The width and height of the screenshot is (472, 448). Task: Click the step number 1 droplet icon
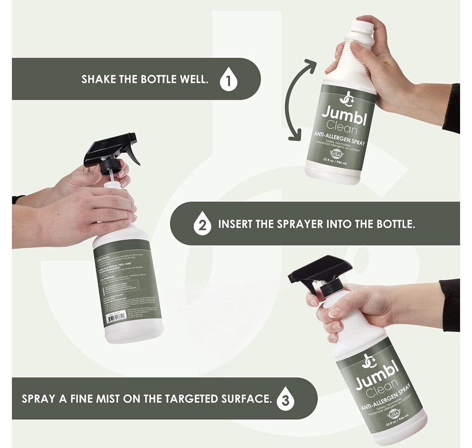229,80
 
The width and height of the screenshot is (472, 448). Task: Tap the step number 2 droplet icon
202,224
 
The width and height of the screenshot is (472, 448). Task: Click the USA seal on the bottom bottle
394,413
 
